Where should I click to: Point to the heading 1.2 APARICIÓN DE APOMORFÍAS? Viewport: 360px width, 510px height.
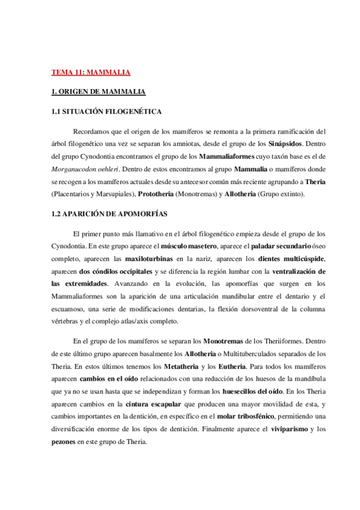tap(109, 214)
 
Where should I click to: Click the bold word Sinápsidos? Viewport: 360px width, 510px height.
tap(284, 144)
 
